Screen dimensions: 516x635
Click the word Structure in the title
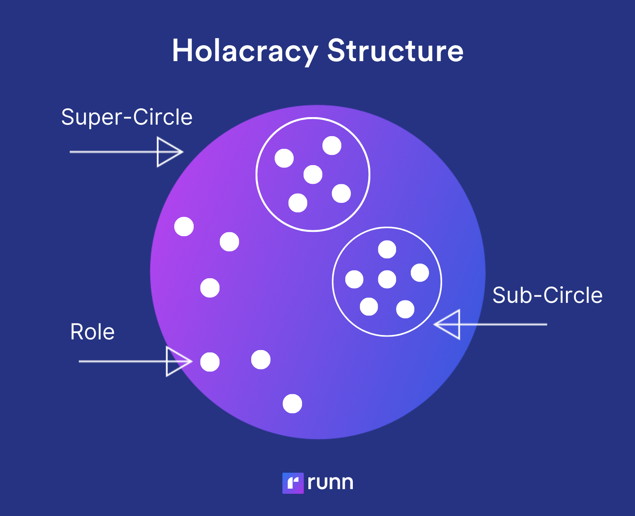pos(395,51)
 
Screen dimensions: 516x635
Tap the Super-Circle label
pos(127,117)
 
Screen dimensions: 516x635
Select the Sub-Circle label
pos(547,295)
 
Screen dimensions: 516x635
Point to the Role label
pos(92,332)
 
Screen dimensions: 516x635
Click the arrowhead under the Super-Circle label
pos(169,152)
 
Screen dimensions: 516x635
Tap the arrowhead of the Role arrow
pos(178,361)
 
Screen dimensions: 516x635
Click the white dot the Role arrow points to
pos(210,362)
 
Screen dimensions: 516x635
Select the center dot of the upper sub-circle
pos(313,175)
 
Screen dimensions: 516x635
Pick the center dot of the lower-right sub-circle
pos(387,279)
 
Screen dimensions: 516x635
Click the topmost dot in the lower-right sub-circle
pos(387,249)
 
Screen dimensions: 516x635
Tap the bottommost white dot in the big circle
pos(292,404)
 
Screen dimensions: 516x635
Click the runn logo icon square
pos(293,483)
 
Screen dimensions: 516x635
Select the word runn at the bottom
pos(330,483)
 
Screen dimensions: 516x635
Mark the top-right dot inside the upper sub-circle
pos(332,145)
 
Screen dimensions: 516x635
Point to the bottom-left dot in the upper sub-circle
pos(298,203)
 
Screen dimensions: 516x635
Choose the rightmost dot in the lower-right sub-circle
pos(420,273)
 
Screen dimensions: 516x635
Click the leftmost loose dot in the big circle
pos(184,227)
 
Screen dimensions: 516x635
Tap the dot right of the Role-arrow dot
pos(261,360)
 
